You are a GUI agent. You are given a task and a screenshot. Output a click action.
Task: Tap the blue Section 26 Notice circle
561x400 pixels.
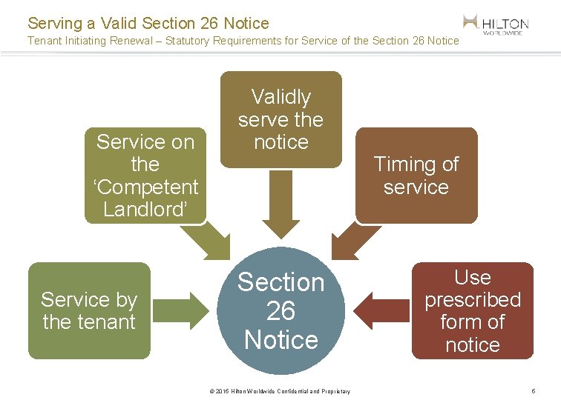[281, 311]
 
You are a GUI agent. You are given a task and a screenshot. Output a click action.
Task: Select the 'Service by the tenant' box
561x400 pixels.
[89, 310]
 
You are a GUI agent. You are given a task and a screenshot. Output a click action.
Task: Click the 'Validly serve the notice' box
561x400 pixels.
[281, 119]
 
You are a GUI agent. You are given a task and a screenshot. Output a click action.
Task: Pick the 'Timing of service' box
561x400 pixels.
[416, 176]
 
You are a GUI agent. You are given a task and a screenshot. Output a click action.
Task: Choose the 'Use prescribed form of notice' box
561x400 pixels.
[473, 310]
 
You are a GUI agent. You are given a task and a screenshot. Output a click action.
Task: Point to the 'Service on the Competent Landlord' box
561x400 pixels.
[145, 176]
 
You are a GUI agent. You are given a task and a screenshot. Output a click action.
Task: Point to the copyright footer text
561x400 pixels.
[280, 391]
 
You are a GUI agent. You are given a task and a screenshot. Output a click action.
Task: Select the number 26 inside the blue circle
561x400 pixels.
[281, 311]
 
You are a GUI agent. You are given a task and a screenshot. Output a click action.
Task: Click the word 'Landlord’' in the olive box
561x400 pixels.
[145, 210]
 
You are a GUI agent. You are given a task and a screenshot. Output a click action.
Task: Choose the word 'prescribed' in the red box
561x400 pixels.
[473, 300]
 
